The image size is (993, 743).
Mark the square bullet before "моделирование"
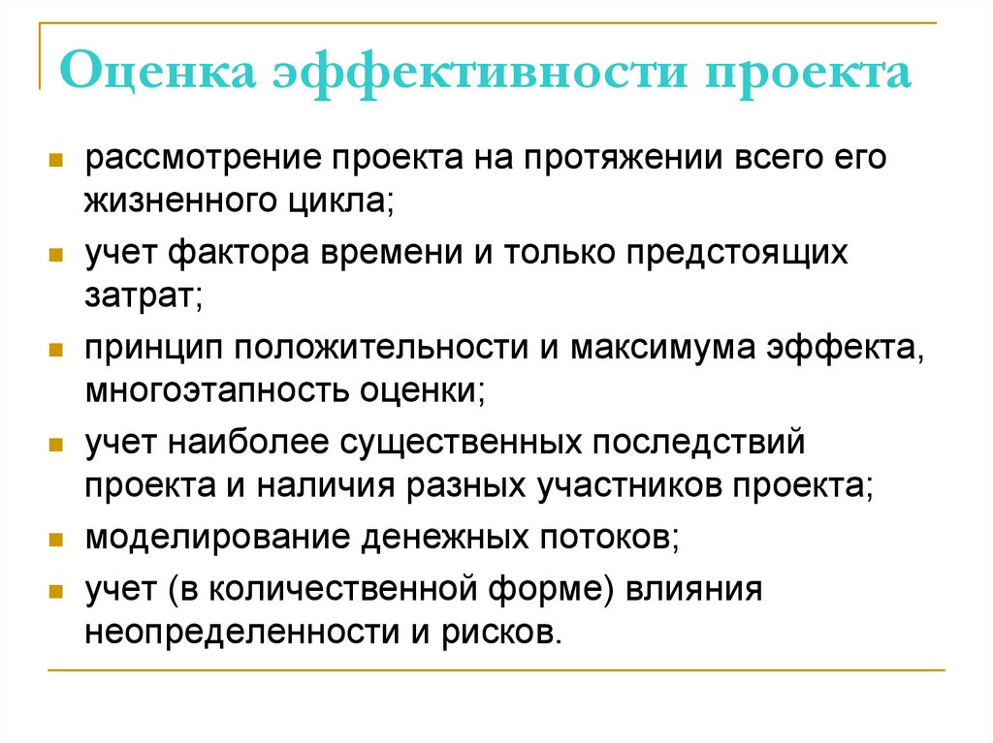click(58, 540)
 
